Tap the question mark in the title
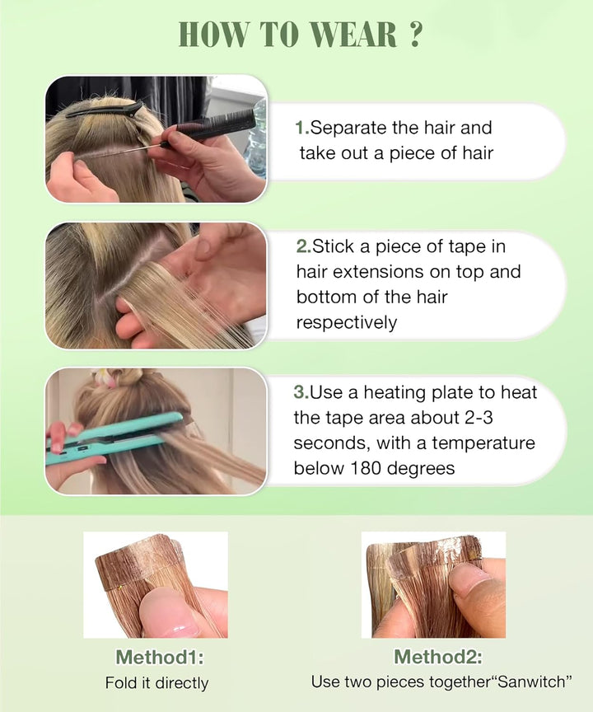click(x=415, y=35)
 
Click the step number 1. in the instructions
click(x=302, y=128)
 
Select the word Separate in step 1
click(x=350, y=128)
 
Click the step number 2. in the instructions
click(x=303, y=246)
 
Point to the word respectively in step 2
click(x=346, y=322)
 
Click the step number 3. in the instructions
click(x=301, y=392)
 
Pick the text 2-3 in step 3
click(x=516, y=418)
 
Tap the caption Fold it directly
click(x=156, y=683)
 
